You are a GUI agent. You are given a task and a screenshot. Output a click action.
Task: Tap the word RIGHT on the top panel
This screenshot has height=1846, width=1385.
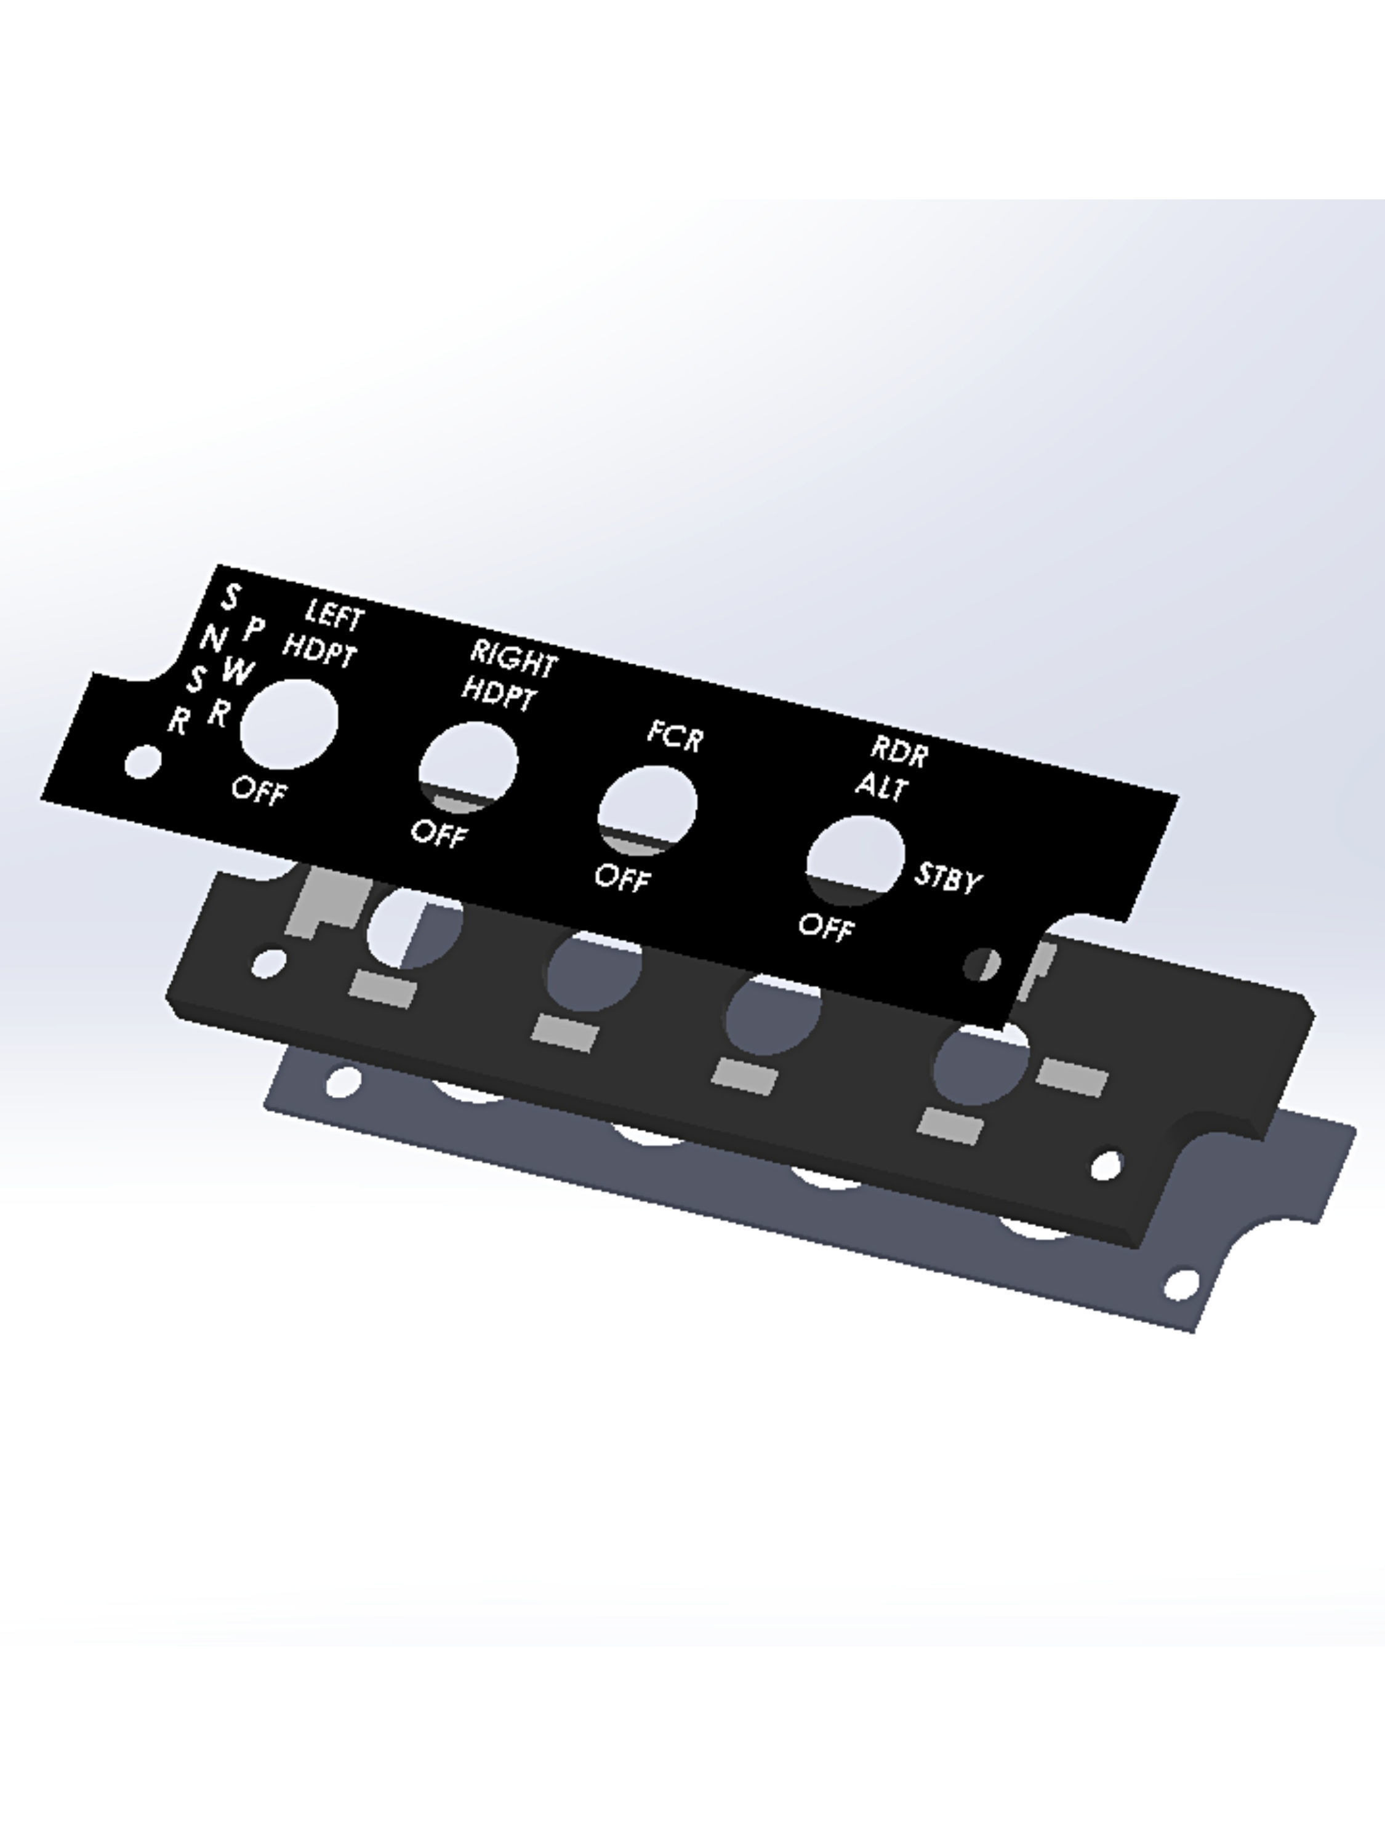[513, 658]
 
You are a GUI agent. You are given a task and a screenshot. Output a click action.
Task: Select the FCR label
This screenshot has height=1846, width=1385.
[675, 736]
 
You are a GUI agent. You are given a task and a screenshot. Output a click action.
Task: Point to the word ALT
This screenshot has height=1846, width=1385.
[881, 786]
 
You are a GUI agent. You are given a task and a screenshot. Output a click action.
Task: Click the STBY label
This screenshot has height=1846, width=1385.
[947, 878]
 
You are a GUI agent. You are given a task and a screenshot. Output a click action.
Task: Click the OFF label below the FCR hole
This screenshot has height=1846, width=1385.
[622, 877]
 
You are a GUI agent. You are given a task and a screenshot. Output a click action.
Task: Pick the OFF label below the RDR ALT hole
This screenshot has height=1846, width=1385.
[825, 926]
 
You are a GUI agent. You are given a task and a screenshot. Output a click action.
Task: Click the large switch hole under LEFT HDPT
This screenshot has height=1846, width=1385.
[289, 724]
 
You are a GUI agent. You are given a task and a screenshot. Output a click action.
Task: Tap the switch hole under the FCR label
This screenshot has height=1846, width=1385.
[648, 808]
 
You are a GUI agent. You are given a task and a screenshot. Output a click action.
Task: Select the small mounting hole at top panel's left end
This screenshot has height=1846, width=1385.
[143, 762]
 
